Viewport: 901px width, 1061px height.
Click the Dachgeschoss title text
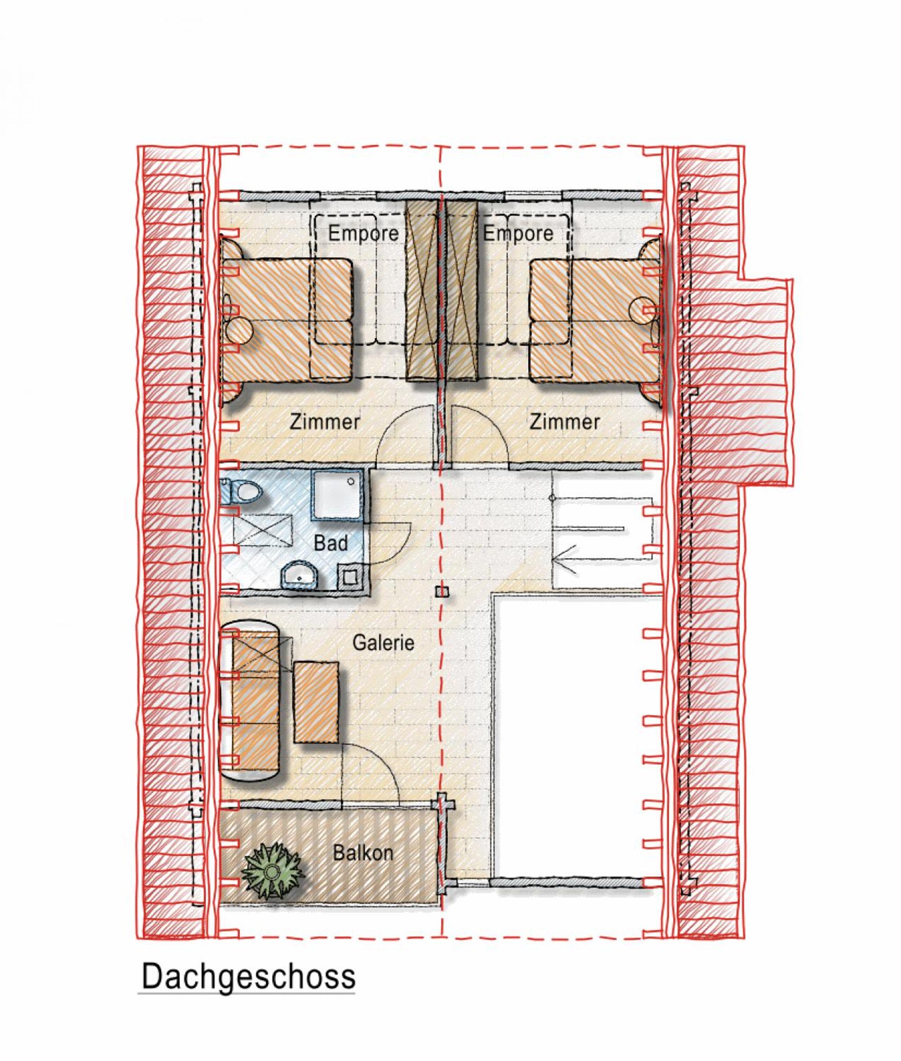tap(248, 976)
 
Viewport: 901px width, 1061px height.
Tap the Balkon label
tap(363, 853)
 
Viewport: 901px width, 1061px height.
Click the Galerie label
tap(383, 642)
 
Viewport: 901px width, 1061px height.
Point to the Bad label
tap(331, 543)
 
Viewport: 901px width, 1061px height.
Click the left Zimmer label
tap(325, 422)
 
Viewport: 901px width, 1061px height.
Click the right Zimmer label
tap(564, 422)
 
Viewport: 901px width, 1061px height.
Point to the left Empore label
tap(363, 233)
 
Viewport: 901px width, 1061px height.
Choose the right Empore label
tap(518, 233)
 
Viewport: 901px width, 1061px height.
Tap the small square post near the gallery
tap(442, 591)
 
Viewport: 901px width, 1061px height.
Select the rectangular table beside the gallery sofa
tap(316, 702)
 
